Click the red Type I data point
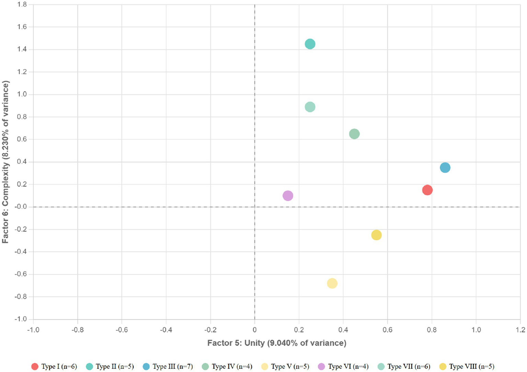(427, 190)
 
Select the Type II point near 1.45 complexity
(310, 44)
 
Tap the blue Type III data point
(445, 168)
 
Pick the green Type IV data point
(354, 134)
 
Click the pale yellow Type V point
(332, 284)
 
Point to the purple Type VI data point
(288, 196)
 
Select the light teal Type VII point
(310, 107)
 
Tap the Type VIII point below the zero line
(376, 235)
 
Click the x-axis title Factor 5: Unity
(277, 343)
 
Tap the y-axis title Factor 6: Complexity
(5, 162)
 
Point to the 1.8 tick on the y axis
(22, 5)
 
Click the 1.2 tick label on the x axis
(520, 330)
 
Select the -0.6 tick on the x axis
(122, 330)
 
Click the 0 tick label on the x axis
(254, 330)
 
